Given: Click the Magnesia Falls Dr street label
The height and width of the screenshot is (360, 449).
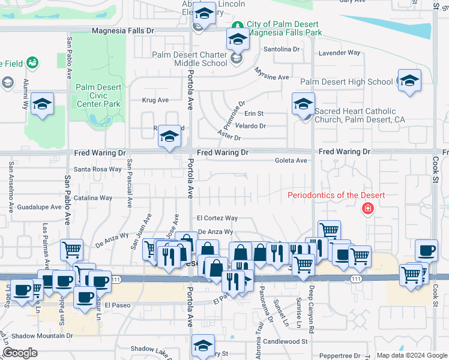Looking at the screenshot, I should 123,30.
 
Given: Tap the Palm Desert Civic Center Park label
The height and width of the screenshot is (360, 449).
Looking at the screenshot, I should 99,95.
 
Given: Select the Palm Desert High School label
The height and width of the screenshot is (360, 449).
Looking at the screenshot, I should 346,82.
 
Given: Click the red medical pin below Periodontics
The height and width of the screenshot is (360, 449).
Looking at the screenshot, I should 367,209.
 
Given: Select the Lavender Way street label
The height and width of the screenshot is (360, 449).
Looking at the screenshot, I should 339,53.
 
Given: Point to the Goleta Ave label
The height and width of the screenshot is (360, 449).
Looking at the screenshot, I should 291,161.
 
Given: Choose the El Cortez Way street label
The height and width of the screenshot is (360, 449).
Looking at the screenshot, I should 217,218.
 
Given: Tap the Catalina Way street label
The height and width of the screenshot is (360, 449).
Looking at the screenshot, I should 93,198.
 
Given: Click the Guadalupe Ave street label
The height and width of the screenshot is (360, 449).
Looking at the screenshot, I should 40,207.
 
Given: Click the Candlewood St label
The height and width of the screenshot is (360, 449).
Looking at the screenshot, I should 285,341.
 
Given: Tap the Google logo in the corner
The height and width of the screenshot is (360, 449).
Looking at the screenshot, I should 20,353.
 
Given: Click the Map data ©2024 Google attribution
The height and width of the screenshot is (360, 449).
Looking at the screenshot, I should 411,355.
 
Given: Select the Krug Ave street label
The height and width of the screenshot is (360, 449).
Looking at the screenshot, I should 155,100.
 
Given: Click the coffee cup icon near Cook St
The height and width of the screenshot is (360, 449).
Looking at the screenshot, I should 427,250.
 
